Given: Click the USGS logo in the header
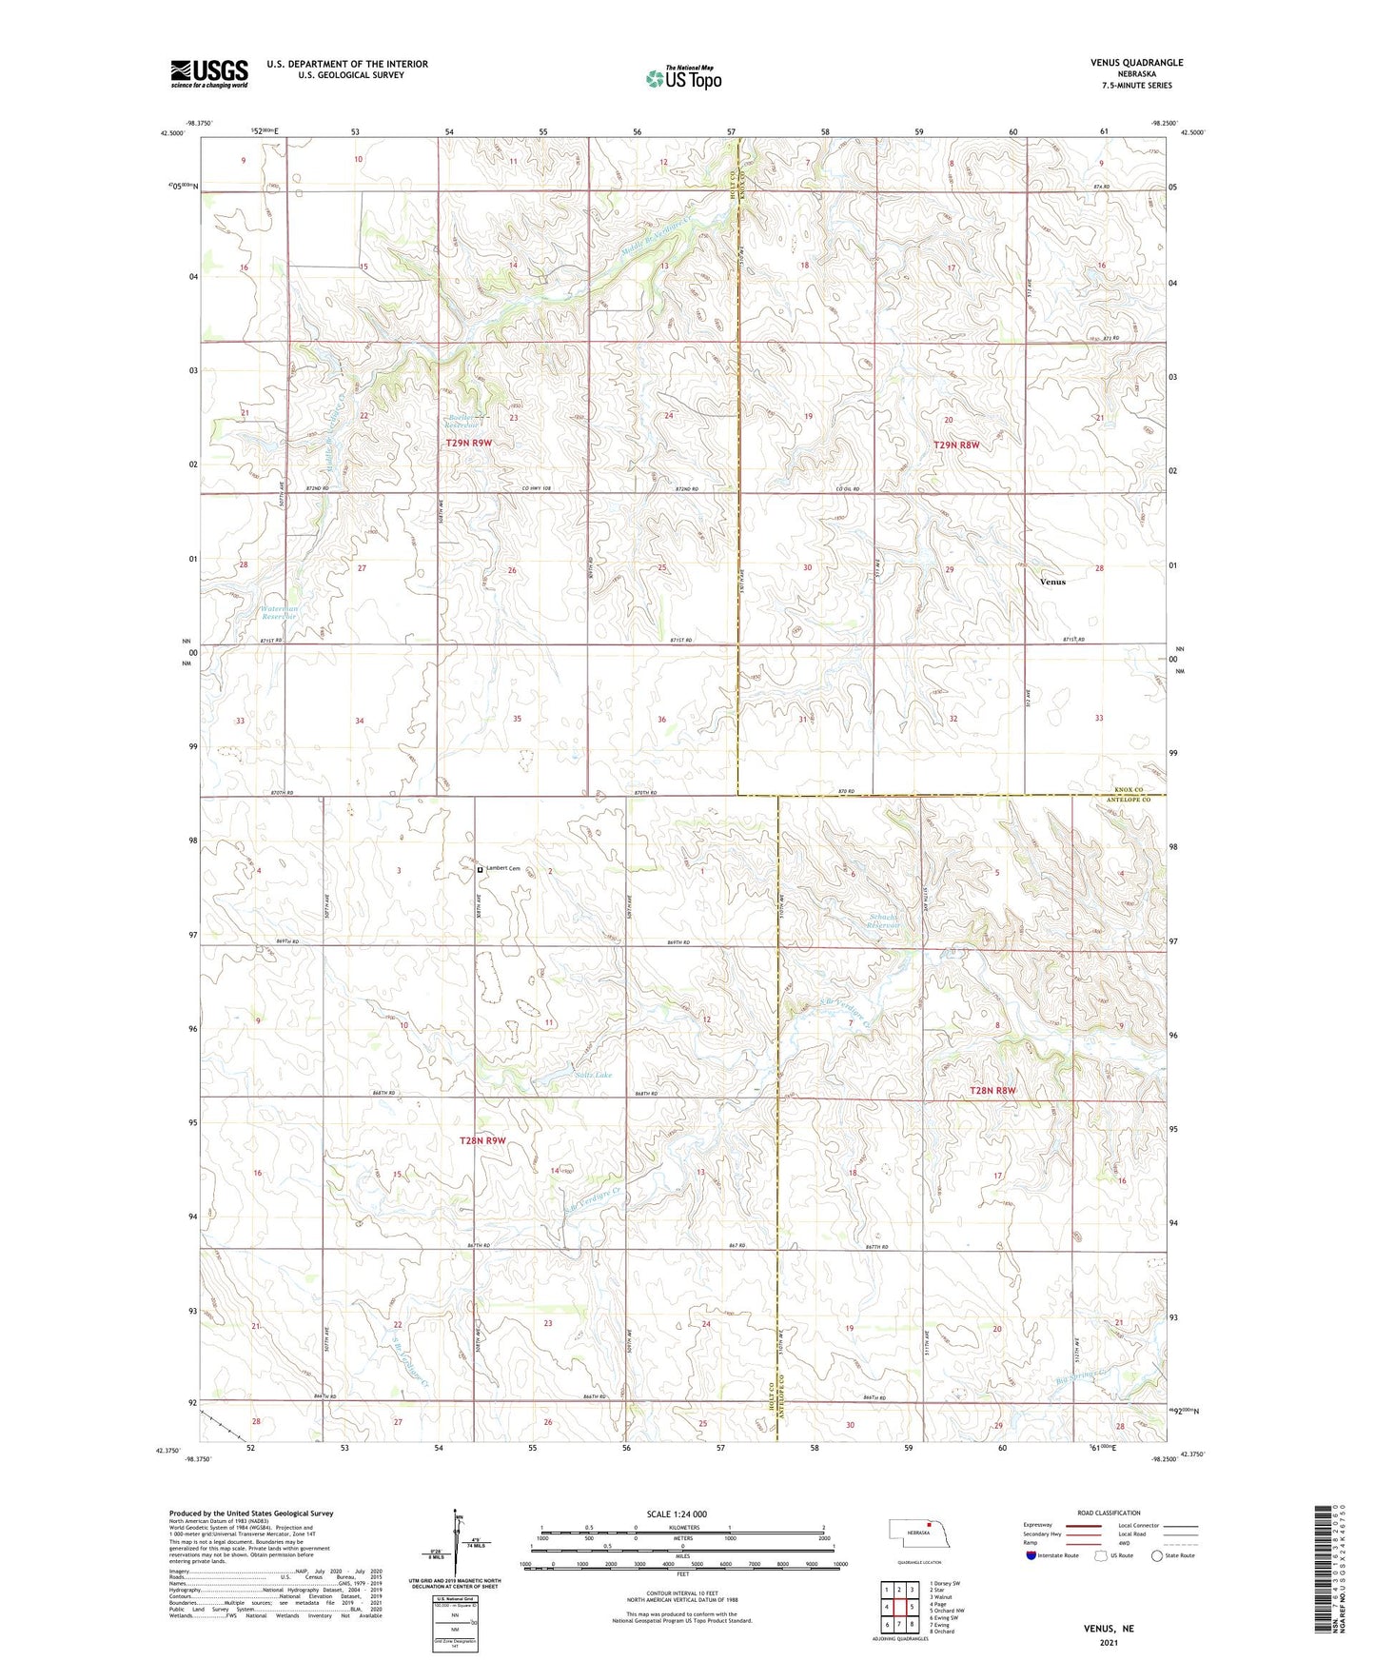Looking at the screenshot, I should [209, 73].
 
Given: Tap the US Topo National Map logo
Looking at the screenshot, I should [683, 78].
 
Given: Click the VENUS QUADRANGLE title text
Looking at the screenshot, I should [1136, 63].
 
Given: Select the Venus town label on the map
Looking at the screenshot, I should [1052, 582].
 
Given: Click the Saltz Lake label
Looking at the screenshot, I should [594, 1075].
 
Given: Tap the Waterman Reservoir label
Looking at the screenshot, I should [280, 612].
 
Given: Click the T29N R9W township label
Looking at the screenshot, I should [469, 444].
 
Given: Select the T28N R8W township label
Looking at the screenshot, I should [992, 1090].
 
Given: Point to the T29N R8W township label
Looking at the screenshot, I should [956, 445].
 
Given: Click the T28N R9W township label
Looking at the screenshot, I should [482, 1140].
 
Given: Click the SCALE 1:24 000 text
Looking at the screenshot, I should [677, 1514].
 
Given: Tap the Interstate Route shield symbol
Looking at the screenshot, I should [1031, 1556].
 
